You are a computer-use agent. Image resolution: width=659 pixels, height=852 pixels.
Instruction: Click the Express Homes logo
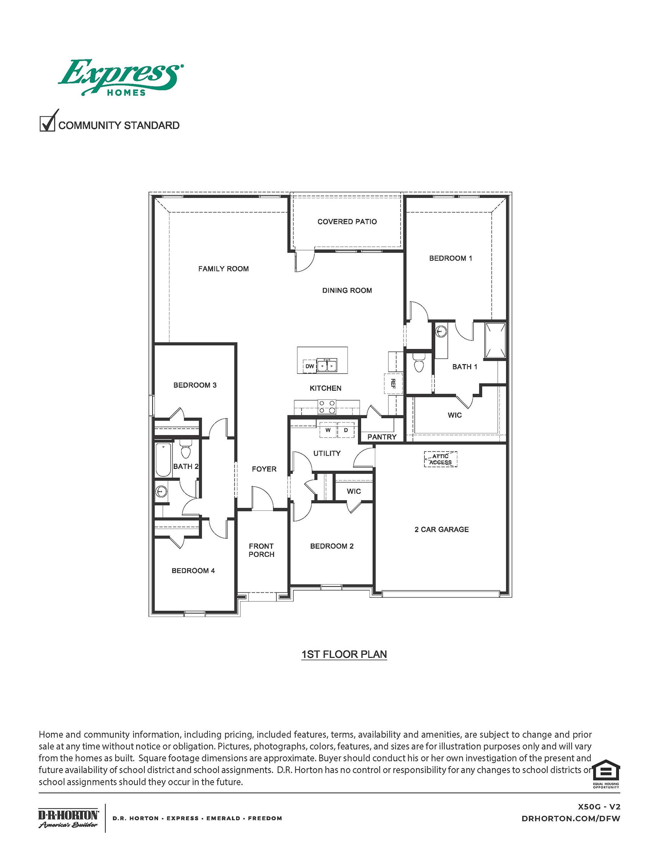[x=120, y=77]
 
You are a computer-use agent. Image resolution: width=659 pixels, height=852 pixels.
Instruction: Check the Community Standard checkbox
[x=47, y=124]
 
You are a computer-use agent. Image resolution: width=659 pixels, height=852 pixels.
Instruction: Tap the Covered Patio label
[x=347, y=222]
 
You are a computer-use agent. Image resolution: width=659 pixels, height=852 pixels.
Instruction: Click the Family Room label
[x=223, y=268]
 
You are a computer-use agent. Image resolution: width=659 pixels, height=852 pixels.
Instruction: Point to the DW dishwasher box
[x=310, y=366]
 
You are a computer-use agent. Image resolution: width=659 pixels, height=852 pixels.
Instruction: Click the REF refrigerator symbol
[x=393, y=384]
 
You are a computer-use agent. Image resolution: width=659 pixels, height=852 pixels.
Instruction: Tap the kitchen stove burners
[x=327, y=407]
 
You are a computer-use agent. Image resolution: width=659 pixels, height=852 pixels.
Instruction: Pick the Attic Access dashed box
[x=440, y=459]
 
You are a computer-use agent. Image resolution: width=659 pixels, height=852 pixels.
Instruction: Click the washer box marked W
[x=328, y=429]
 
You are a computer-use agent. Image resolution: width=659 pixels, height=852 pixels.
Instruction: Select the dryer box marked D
[x=346, y=429]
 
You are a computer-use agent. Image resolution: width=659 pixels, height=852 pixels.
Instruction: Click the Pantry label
[x=382, y=437]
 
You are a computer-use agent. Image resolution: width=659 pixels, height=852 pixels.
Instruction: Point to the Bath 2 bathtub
[x=164, y=460]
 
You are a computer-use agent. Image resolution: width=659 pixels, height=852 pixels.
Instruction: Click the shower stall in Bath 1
[x=495, y=340]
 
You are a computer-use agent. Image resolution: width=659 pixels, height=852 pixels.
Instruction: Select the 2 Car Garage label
[x=442, y=529]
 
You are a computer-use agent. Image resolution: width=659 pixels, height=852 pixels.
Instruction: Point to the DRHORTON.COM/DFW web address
[x=570, y=819]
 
